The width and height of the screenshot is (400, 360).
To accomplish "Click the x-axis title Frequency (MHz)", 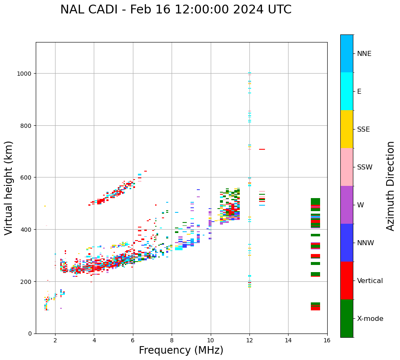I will point(181,350).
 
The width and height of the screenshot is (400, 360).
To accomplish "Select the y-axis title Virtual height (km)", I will point(9,188).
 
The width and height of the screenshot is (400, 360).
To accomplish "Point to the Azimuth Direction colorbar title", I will point(391,186).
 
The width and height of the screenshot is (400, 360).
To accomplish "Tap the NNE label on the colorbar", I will point(364,53).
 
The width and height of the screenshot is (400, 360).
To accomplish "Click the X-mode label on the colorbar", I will point(370,319).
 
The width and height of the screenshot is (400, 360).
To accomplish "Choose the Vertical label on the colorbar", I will point(370,281).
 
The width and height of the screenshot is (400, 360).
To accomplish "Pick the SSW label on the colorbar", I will point(365,167).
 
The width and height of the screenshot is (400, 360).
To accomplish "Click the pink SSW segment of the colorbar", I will point(347,167).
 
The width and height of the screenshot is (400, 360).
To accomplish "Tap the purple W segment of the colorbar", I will point(347,205).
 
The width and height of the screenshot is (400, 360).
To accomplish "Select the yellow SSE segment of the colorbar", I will point(347,129).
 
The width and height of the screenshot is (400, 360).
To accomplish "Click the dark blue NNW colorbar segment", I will point(347,243).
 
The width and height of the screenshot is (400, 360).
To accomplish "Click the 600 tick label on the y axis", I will point(26,177).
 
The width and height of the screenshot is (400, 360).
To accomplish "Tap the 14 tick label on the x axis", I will point(288,341).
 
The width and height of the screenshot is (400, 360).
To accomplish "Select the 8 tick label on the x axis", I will point(172,341).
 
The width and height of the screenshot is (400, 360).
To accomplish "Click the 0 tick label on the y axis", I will point(30,334).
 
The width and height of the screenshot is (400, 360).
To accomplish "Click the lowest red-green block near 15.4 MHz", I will point(315,307).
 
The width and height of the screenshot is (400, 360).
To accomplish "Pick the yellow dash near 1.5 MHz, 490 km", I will point(45,206).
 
